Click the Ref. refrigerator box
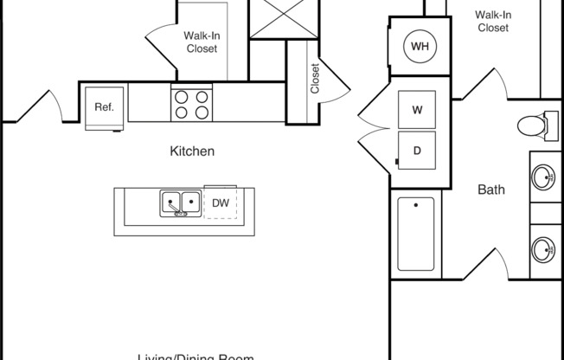105,108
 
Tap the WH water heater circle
419,46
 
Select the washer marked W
417,110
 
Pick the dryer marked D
417,151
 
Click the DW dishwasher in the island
221,203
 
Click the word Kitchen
191,151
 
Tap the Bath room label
491,190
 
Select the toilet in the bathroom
537,126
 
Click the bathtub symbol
417,236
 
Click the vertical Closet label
316,78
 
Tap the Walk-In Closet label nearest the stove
201,42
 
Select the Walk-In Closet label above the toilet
492,21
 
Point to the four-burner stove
192,104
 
